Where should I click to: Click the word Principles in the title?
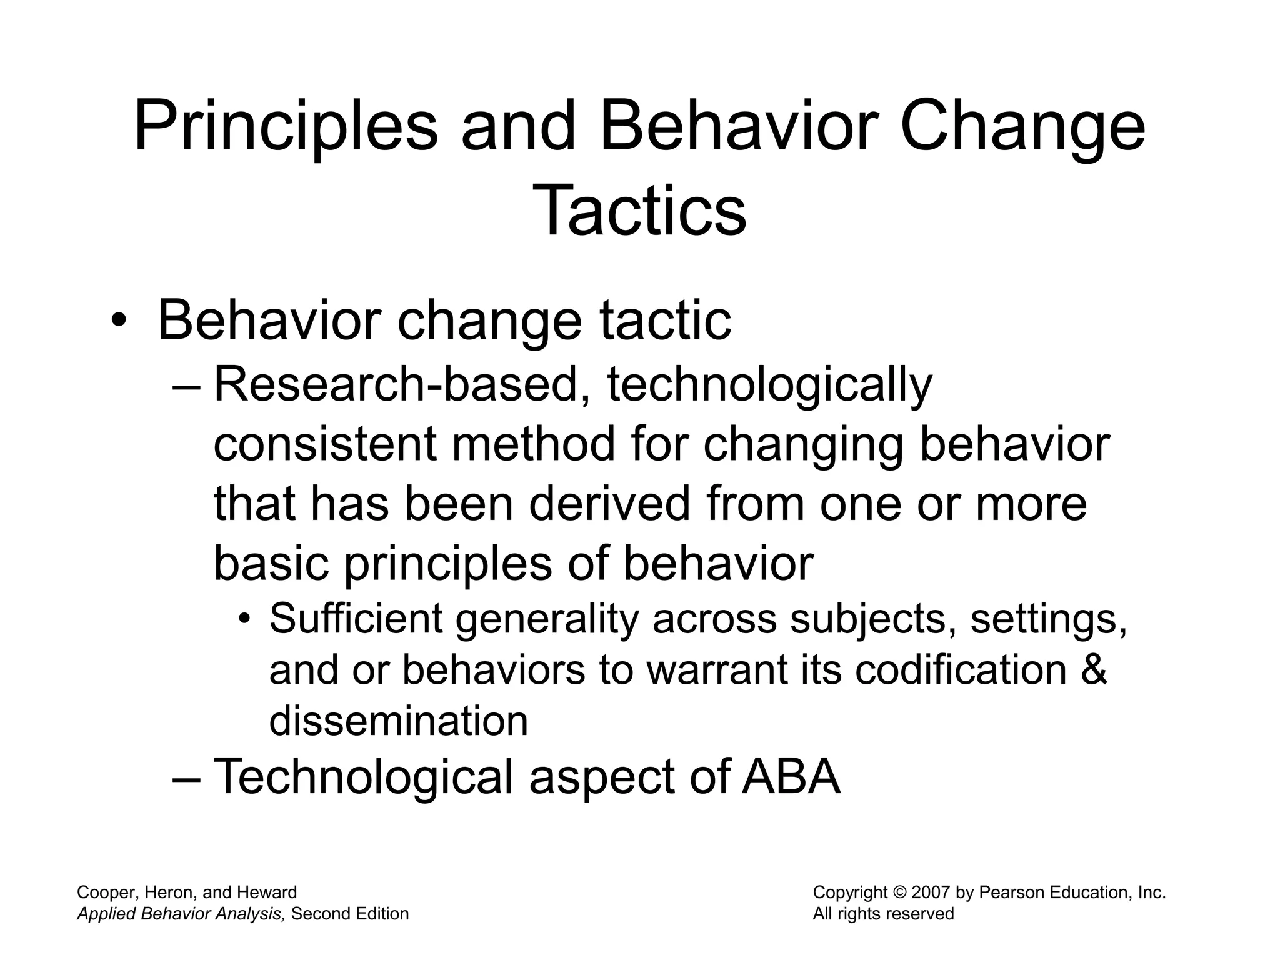pyautogui.click(x=286, y=128)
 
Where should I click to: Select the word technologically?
pyautogui.click(x=769, y=385)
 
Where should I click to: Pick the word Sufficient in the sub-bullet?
pyautogui.click(x=356, y=619)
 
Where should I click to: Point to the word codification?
pyautogui.click(x=960, y=670)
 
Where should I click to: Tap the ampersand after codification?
pyautogui.click(x=1093, y=670)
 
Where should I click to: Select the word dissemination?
pyautogui.click(x=399, y=721)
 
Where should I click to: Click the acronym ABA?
pyautogui.click(x=791, y=777)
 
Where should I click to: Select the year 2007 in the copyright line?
pyautogui.click(x=931, y=892)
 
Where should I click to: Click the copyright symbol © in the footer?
pyautogui.click(x=899, y=892)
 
